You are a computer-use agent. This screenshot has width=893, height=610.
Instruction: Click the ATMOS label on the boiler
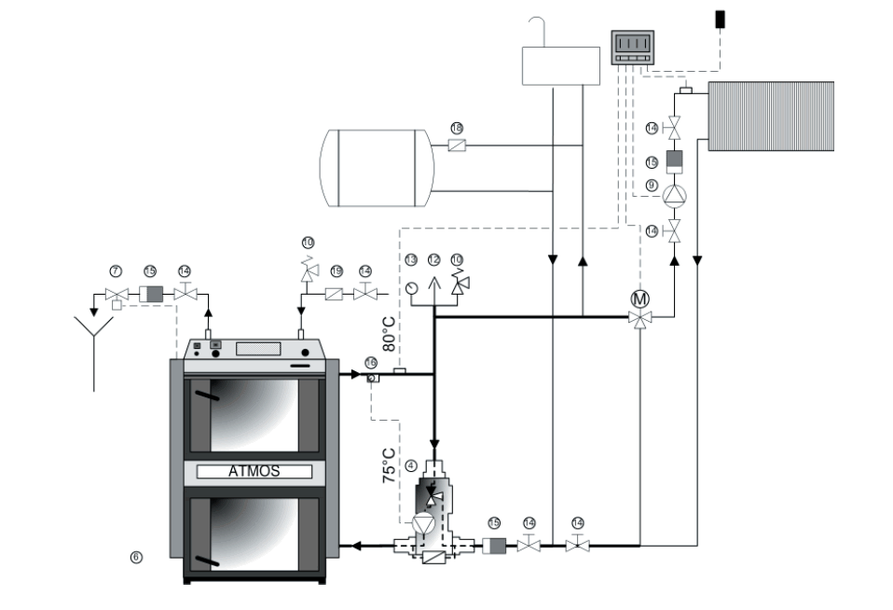254,471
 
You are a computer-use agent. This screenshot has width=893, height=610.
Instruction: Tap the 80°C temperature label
390,332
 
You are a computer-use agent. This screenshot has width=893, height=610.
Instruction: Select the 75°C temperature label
390,463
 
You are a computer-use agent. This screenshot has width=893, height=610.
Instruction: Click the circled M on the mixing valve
639,300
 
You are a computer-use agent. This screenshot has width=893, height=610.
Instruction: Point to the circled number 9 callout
653,185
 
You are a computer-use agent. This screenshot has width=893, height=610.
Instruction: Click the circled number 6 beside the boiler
136,557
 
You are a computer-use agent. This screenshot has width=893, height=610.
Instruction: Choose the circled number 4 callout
410,464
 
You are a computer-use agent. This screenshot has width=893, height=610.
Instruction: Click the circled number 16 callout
370,361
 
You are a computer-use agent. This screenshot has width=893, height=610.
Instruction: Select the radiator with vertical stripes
771,116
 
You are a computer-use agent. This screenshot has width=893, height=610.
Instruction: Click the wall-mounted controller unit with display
630,49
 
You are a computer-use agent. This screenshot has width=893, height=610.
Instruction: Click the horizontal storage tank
375,168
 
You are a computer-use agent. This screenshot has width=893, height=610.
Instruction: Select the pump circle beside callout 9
674,197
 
